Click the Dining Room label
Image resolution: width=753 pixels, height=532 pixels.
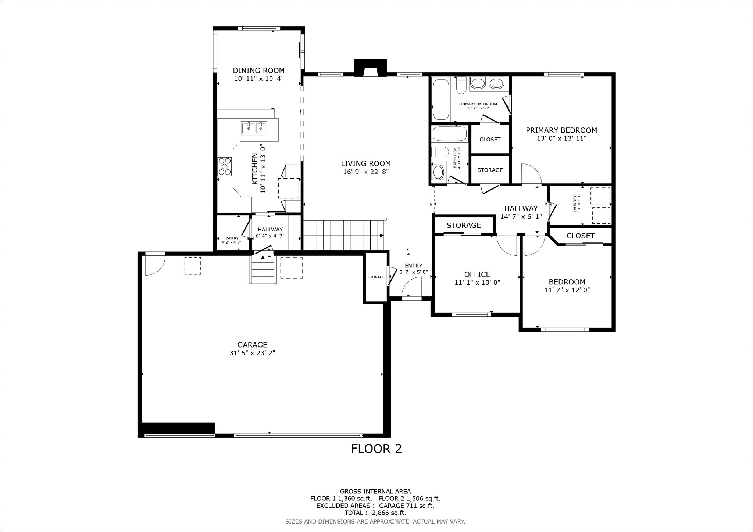(x=259, y=71)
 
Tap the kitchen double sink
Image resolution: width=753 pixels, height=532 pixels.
(x=254, y=128)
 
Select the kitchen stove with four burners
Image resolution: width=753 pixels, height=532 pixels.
(x=225, y=166)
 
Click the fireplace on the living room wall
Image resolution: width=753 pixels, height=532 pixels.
(x=370, y=68)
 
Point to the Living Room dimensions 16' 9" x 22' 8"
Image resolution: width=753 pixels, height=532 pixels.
(x=366, y=172)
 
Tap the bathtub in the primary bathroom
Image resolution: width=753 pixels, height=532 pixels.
(x=441, y=99)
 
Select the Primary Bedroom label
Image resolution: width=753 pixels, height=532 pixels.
(x=561, y=130)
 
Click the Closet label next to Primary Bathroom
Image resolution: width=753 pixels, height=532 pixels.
(x=490, y=140)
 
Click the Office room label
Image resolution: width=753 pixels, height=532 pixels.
(x=477, y=274)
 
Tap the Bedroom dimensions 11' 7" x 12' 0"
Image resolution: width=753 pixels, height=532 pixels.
(x=567, y=290)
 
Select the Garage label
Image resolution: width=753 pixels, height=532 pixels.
(x=252, y=345)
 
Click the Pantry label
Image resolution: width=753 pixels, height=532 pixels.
(x=231, y=238)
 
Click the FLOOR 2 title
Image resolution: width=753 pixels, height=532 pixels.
(x=376, y=449)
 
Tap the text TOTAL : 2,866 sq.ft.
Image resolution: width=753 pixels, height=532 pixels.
(x=375, y=513)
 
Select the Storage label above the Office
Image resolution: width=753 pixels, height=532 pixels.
(x=464, y=225)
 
